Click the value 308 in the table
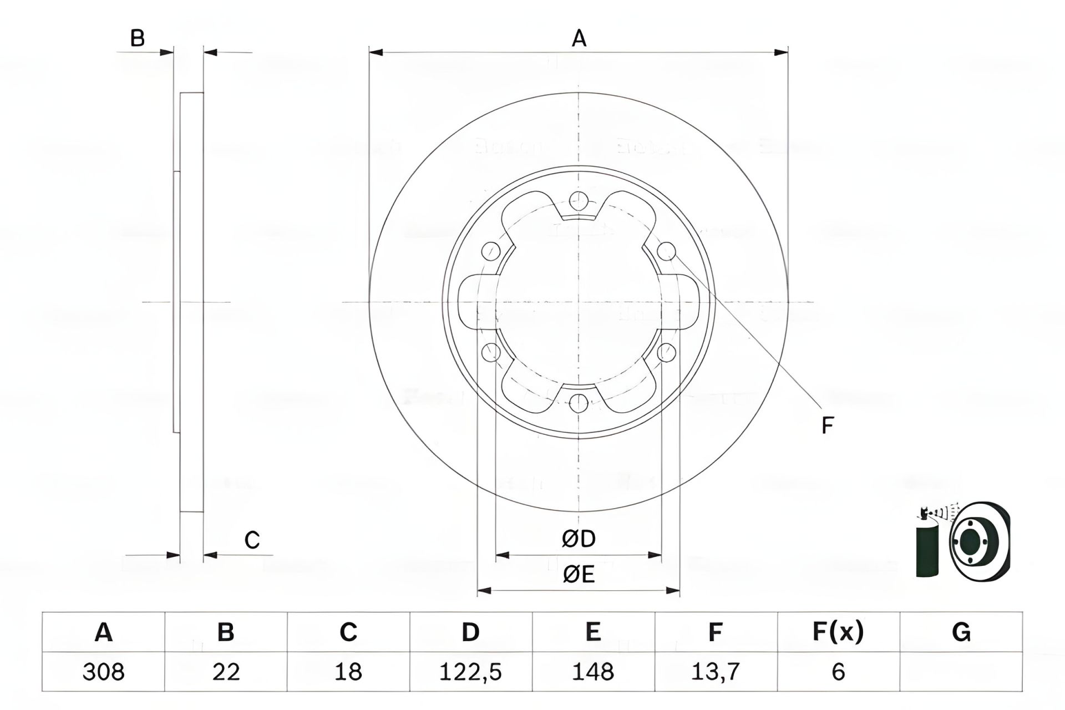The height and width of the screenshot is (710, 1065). [103, 672]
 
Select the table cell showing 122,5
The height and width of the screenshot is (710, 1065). [470, 672]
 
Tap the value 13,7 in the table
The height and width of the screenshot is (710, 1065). [716, 672]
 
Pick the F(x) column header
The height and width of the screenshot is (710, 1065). [838, 632]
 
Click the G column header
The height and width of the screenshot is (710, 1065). [961, 632]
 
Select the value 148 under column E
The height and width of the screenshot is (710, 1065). [593, 672]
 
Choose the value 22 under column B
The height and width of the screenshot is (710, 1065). [226, 672]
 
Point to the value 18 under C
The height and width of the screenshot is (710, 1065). [348, 672]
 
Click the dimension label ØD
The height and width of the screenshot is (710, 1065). [579, 539]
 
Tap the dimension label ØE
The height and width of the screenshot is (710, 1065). [579, 575]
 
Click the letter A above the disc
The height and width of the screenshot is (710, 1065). [579, 39]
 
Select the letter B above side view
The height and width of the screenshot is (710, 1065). [137, 39]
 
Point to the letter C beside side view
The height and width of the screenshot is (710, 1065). [252, 540]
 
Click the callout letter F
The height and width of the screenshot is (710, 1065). [827, 425]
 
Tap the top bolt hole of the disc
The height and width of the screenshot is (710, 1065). [579, 201]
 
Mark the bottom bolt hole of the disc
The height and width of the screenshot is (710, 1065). [579, 403]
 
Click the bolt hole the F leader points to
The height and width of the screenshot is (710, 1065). [667, 251]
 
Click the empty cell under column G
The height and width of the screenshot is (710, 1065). [961, 672]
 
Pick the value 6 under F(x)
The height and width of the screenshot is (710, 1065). [838, 672]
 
